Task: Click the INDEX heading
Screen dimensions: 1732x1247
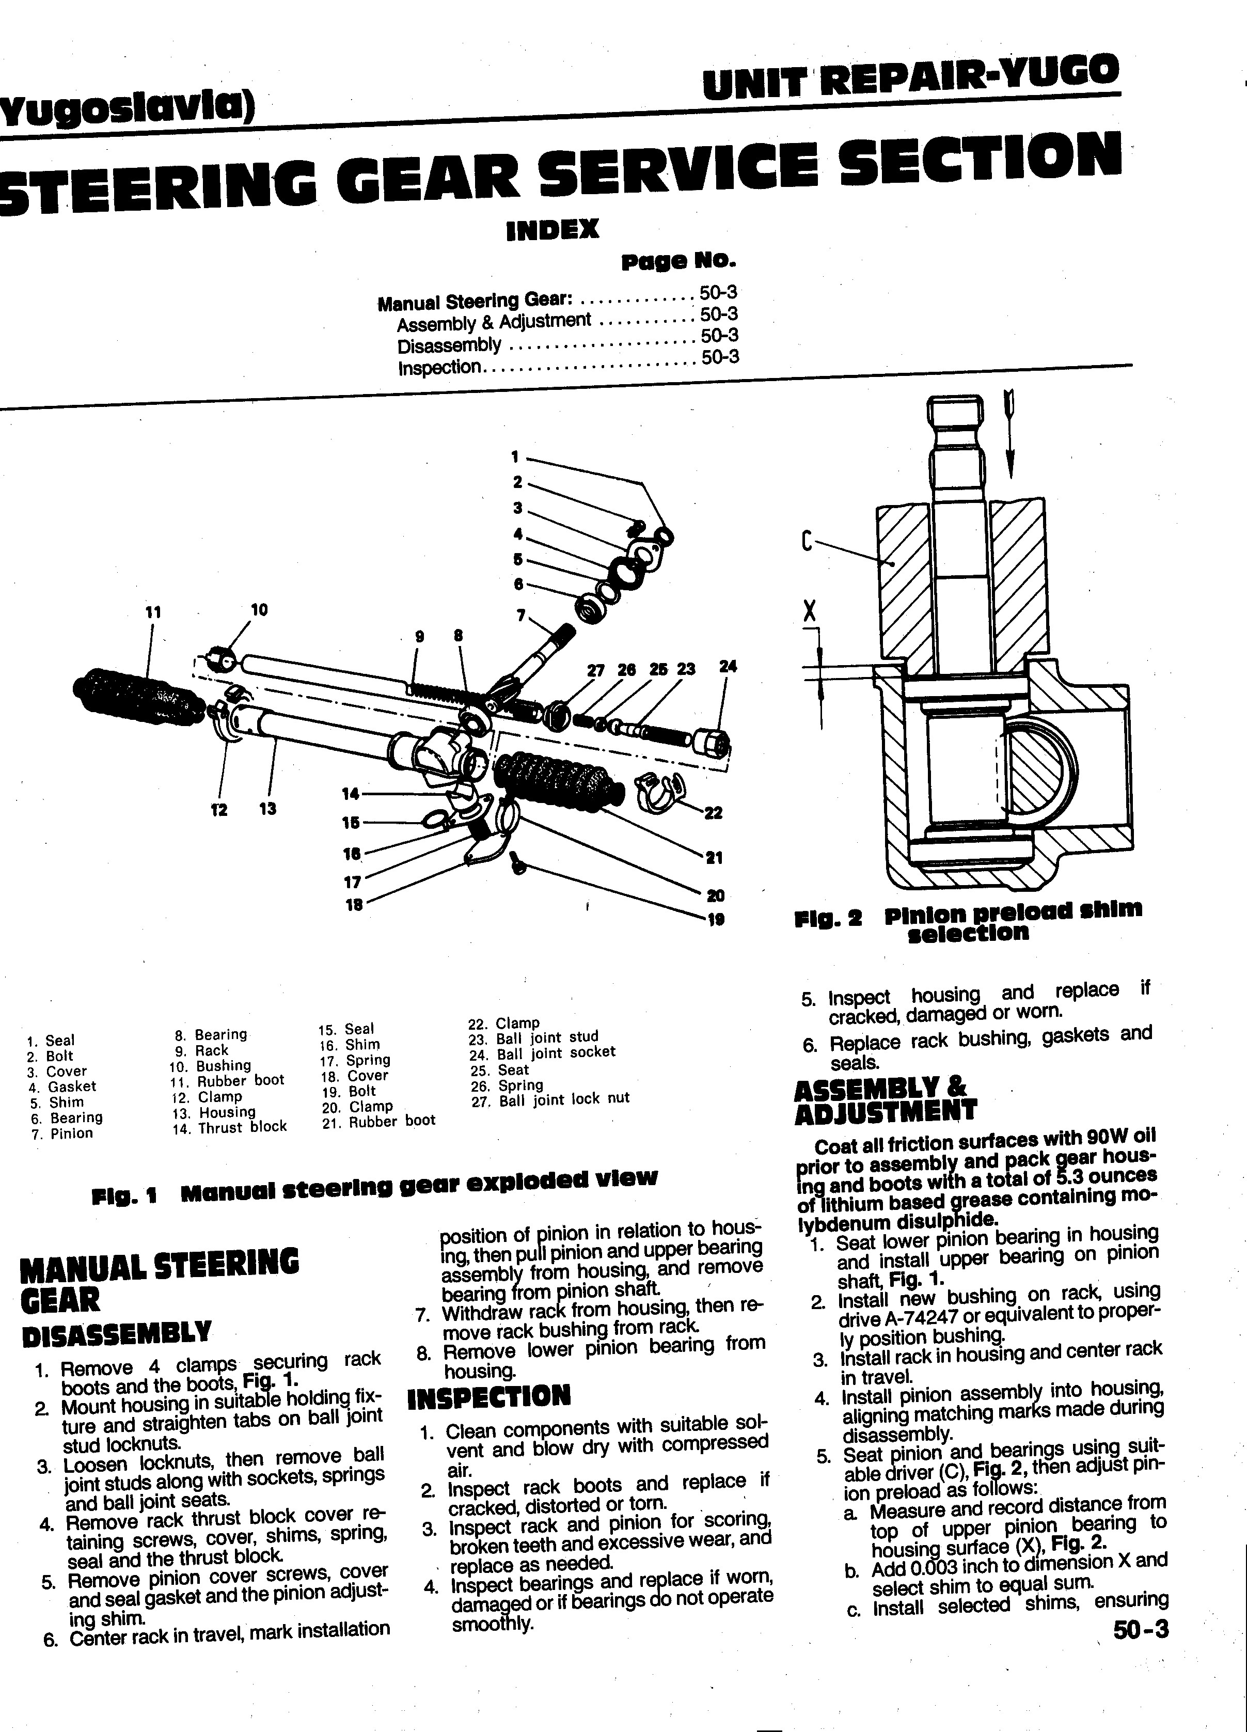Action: coord(553,229)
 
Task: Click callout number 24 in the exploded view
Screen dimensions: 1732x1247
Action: coord(728,666)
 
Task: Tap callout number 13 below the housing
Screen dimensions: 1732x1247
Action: coord(267,809)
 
